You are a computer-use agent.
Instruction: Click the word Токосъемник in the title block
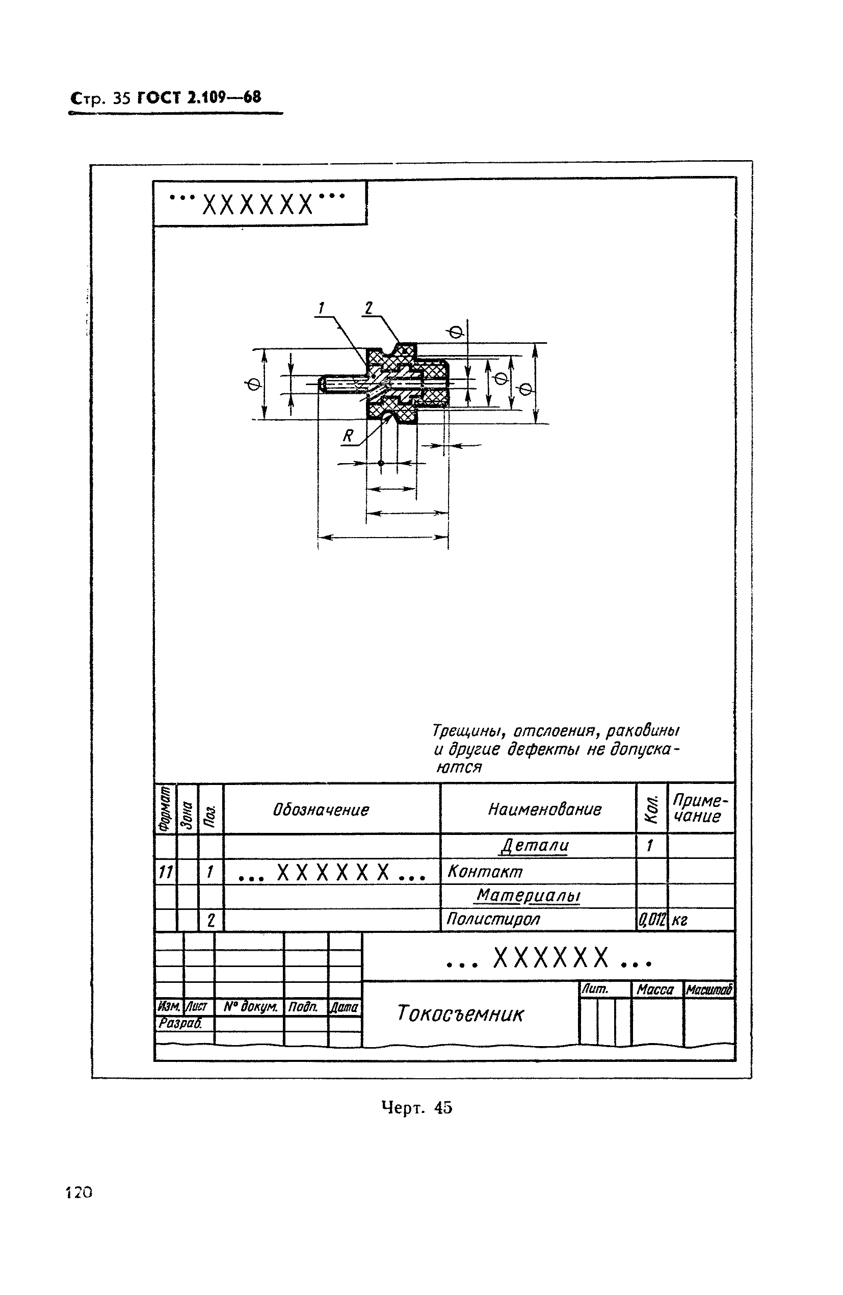pos(460,1013)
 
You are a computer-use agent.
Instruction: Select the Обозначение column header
pos(321,809)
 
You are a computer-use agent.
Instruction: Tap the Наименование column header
pos(544,809)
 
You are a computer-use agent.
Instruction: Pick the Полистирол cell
pos(493,919)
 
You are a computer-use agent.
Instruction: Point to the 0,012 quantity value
pos(651,920)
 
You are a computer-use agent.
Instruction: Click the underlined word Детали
pos(535,846)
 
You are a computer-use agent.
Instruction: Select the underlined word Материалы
pos(529,896)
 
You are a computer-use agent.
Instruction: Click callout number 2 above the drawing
pos(368,308)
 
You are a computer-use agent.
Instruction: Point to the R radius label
pos(348,436)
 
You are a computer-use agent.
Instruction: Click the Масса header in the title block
pos(655,989)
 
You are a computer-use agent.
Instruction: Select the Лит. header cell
pos(595,988)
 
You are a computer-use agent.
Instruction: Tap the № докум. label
pos(250,1007)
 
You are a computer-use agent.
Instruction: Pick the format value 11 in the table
pos(165,873)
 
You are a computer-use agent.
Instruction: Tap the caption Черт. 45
pos(416,1107)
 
